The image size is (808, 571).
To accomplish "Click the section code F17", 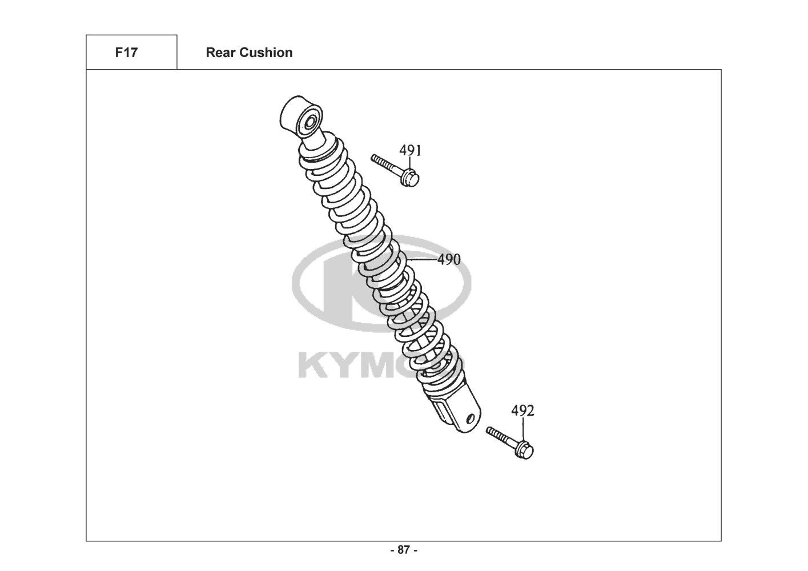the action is [126, 53].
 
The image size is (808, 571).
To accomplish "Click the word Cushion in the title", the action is [266, 53].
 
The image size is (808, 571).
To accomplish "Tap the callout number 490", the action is [449, 260].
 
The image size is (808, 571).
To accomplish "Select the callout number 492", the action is [522, 411].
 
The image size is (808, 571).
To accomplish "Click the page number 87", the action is [404, 550].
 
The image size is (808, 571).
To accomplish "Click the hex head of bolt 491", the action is [409, 178].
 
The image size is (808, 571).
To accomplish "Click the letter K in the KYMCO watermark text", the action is [313, 366].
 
